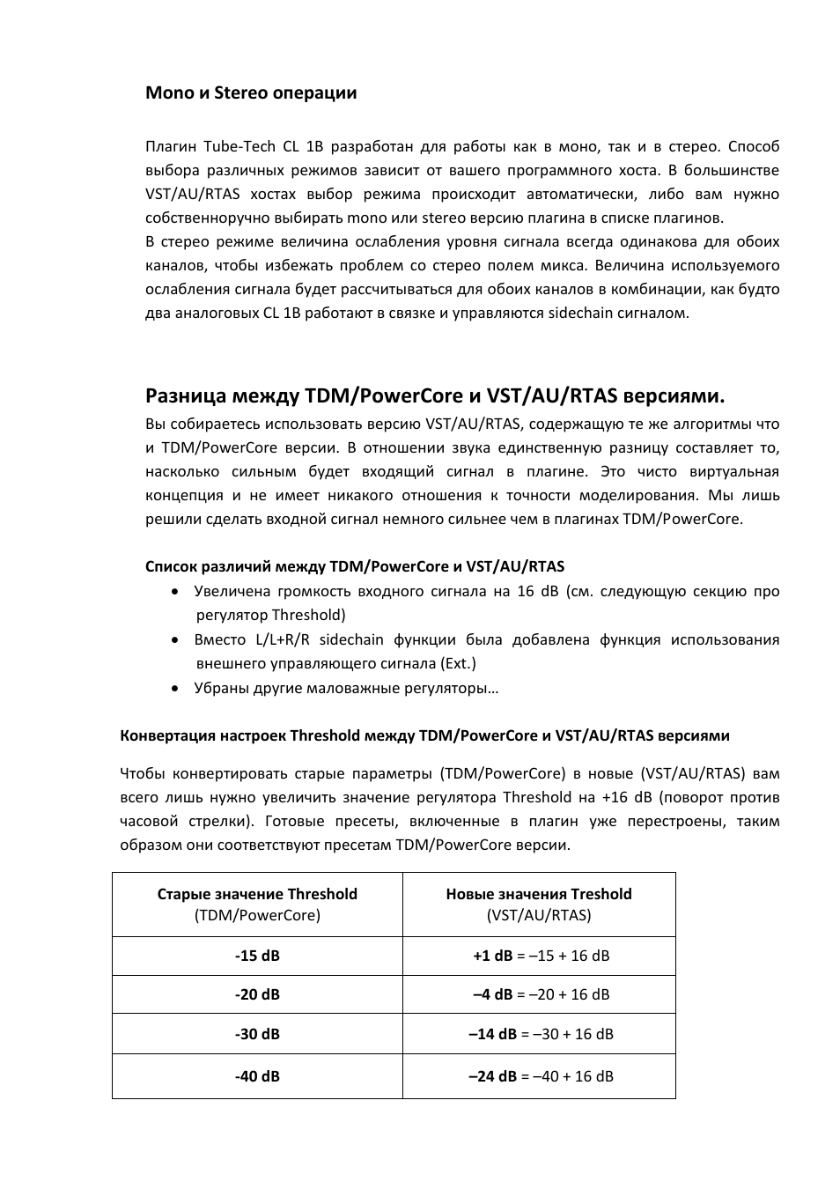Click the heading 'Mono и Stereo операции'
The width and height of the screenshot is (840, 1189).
(x=251, y=92)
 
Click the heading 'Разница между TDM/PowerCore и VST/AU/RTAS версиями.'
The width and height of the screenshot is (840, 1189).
(x=435, y=395)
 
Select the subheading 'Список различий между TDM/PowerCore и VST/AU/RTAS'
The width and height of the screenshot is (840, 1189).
(x=354, y=566)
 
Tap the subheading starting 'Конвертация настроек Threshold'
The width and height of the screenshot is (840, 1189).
(x=424, y=735)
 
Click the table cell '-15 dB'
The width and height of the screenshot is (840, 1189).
(x=257, y=956)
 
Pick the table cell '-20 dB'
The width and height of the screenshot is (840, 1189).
(x=257, y=994)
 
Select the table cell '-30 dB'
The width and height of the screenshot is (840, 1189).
(x=257, y=1034)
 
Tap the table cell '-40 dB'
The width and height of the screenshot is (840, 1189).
(x=257, y=1076)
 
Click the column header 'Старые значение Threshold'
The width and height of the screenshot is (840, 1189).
(x=257, y=894)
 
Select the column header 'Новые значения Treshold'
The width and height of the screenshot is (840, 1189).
(x=539, y=894)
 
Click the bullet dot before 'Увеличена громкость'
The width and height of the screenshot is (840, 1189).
(x=177, y=592)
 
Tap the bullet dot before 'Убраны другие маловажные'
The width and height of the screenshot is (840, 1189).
(x=177, y=689)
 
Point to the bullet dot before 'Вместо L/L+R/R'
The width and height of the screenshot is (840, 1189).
(x=177, y=640)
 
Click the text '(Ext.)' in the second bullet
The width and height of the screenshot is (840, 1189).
(x=457, y=664)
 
